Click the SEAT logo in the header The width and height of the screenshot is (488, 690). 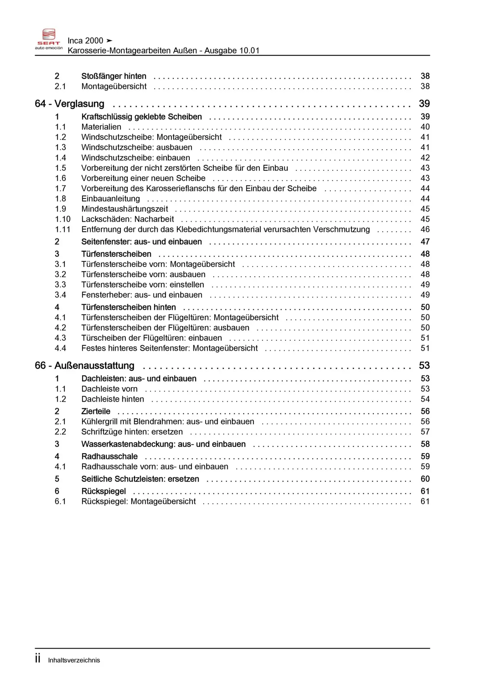click(x=49, y=39)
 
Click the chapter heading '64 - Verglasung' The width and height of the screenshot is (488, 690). click(x=69, y=104)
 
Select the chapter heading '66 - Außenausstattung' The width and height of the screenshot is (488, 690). click(x=85, y=365)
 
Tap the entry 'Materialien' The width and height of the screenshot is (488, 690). click(x=101, y=127)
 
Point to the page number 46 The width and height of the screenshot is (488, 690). click(x=425, y=229)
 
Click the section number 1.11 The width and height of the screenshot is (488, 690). click(x=62, y=229)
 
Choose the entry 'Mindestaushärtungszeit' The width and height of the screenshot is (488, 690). click(x=124, y=209)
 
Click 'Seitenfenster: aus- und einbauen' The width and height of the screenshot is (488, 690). click(x=141, y=241)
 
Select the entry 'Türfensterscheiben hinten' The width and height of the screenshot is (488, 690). click(x=128, y=307)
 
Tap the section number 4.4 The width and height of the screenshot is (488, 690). click(x=60, y=348)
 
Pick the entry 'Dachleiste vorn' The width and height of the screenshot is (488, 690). click(x=109, y=389)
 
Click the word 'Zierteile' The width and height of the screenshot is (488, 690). click(x=96, y=411)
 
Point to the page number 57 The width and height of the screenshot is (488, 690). click(x=425, y=432)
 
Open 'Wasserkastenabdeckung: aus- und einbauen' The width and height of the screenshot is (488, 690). click(x=163, y=444)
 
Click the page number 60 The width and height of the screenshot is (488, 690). click(x=425, y=479)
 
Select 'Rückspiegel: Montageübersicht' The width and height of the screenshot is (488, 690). click(x=138, y=501)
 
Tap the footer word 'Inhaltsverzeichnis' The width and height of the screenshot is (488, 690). click(x=74, y=660)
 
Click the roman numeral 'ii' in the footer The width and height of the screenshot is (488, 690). click(x=38, y=659)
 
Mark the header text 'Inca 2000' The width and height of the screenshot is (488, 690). click(x=85, y=41)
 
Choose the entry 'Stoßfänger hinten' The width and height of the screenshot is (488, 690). click(x=114, y=76)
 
